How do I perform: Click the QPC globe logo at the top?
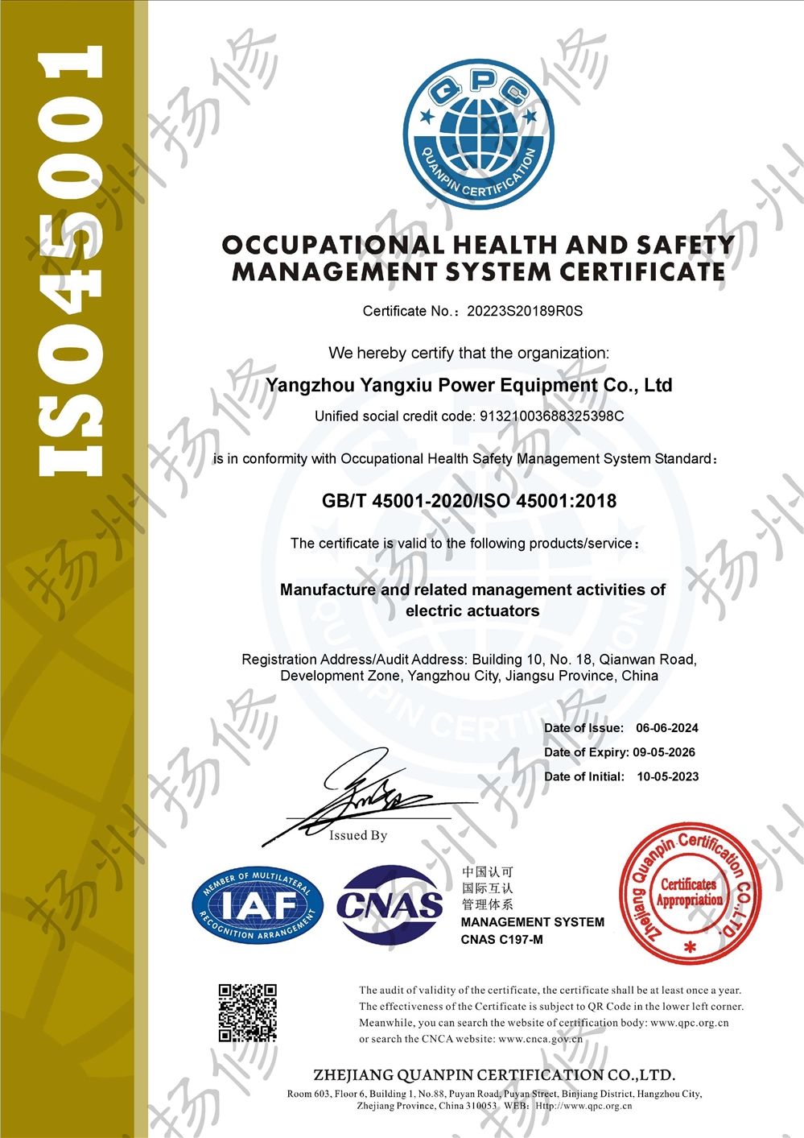[x=478, y=134]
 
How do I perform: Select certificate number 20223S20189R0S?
[x=525, y=311]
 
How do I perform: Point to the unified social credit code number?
[x=551, y=416]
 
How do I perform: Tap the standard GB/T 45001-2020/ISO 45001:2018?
[x=469, y=501]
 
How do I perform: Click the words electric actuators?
[x=472, y=611]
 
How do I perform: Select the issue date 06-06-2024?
[x=667, y=728]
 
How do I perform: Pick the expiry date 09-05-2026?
[x=664, y=752]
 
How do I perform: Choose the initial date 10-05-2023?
[x=668, y=776]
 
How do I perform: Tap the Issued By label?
[x=358, y=836]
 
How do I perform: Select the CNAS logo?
[x=390, y=904]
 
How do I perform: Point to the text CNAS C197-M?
[x=502, y=939]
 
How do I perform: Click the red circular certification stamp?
[x=690, y=893]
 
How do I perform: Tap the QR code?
[x=248, y=1012]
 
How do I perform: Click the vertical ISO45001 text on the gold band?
[x=72, y=262]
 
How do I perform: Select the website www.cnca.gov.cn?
[x=541, y=1039]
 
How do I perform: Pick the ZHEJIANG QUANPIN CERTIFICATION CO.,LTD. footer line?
[x=494, y=1075]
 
